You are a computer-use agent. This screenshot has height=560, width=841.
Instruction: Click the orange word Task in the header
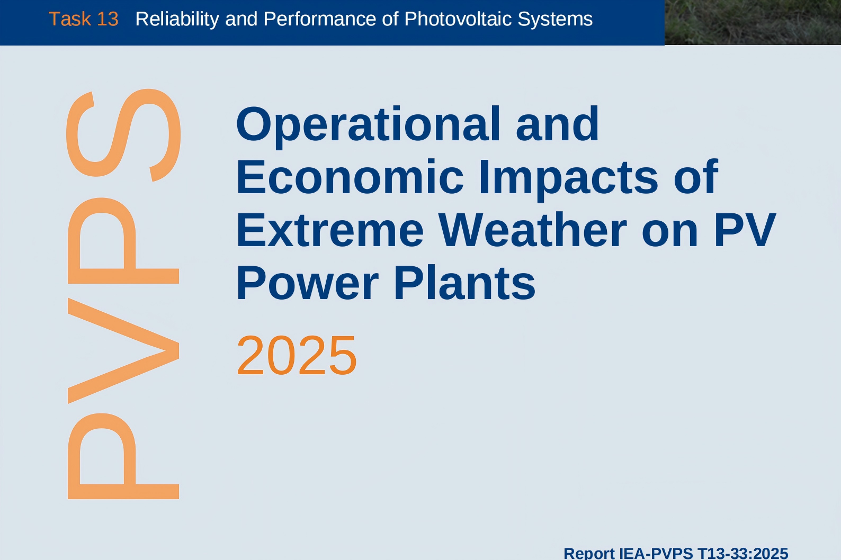(70, 19)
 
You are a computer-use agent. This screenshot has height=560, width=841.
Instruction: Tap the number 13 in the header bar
(108, 19)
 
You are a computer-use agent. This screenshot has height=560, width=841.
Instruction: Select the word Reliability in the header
(177, 20)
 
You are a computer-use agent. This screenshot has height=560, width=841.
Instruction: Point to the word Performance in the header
(320, 19)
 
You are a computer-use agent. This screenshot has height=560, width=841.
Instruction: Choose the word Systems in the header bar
(555, 20)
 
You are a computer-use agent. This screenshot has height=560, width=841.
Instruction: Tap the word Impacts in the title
(568, 179)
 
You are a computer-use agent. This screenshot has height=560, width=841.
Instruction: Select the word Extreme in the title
(330, 230)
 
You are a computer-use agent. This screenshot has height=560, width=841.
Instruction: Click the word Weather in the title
(533, 229)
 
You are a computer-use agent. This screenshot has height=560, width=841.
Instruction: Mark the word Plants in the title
(464, 282)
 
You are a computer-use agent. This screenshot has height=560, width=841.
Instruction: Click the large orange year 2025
(297, 356)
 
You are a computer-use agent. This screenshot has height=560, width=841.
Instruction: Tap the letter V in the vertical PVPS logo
(123, 351)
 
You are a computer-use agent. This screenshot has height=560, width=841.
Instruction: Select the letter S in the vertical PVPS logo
(123, 135)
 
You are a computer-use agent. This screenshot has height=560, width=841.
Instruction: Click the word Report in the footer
(589, 553)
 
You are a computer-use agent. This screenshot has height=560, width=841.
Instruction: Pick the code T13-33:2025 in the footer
(742, 553)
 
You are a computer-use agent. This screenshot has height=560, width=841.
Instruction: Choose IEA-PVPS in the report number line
(656, 553)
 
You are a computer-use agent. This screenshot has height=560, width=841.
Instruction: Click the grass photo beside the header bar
(753, 22)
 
